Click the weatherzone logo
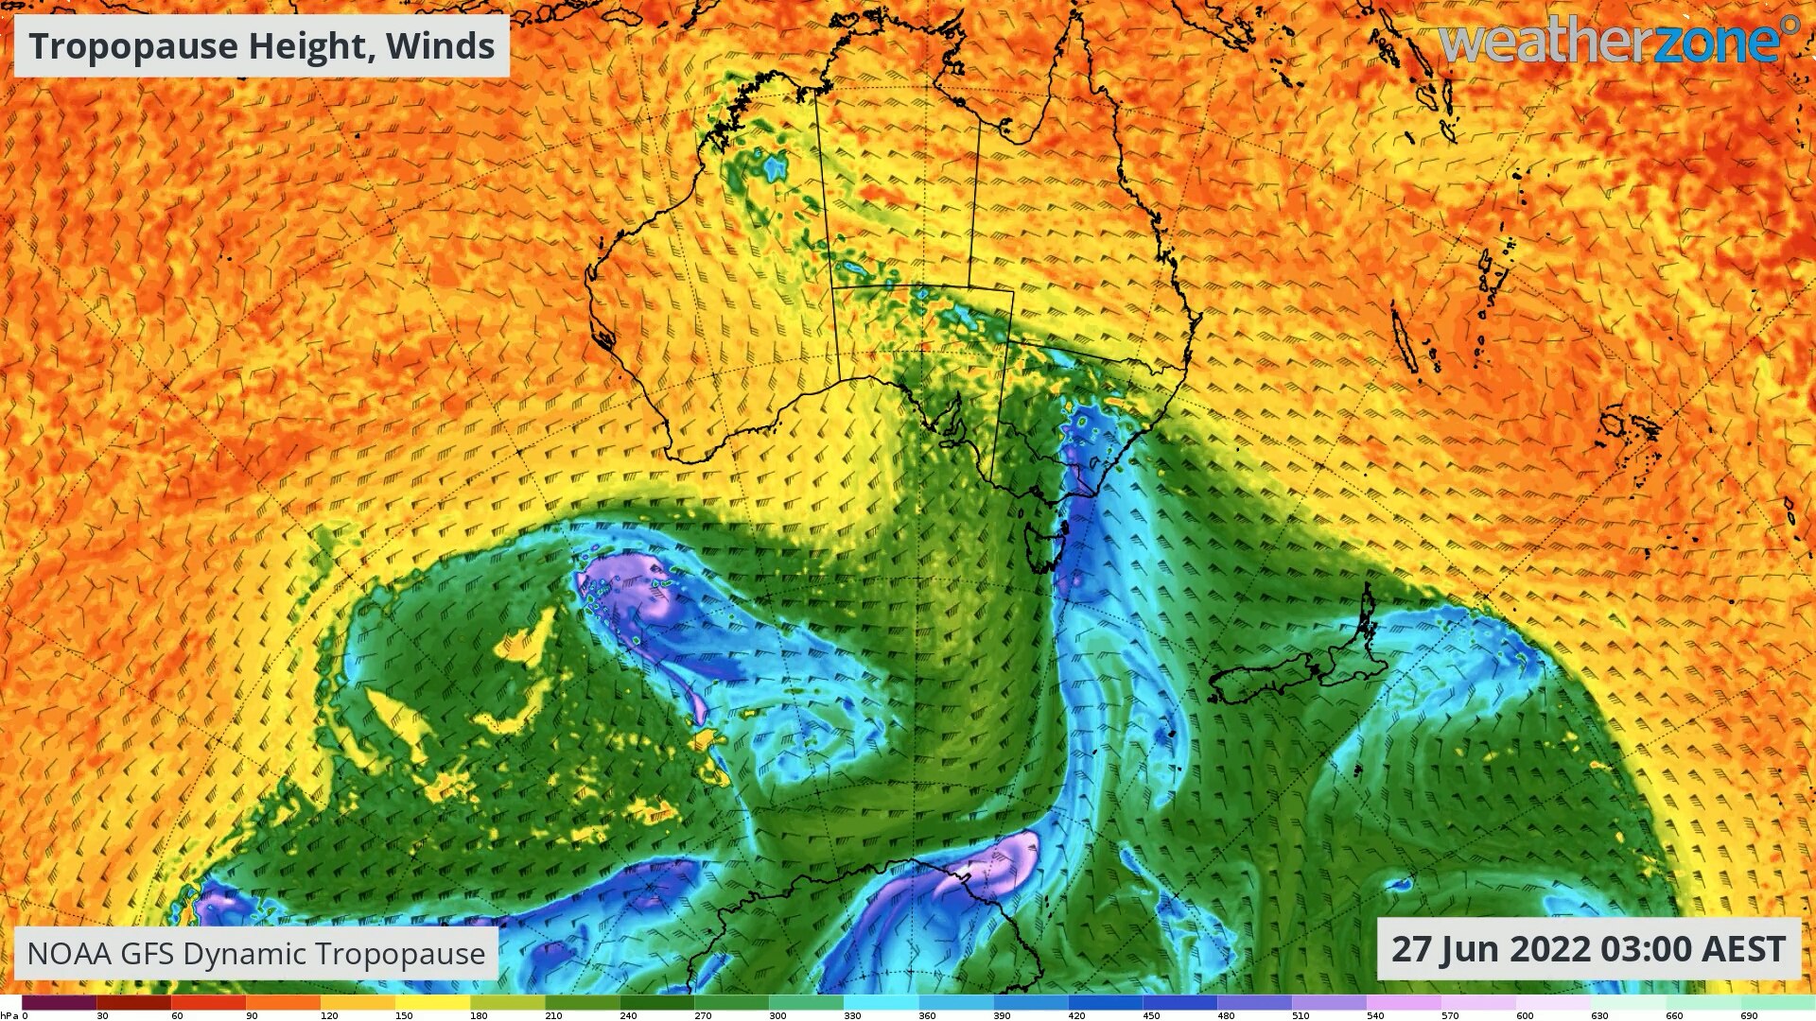pyautogui.click(x=1618, y=42)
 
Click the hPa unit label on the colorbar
pyautogui.click(x=9, y=1015)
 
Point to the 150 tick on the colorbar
pyautogui.click(x=404, y=1015)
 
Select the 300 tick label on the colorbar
pyautogui.click(x=777, y=1015)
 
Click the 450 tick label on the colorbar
pyautogui.click(x=1151, y=1015)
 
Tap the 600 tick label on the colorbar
pyautogui.click(x=1525, y=1015)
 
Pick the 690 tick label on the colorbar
pyautogui.click(x=1749, y=1015)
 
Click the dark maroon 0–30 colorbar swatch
pyautogui.click(x=59, y=1002)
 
